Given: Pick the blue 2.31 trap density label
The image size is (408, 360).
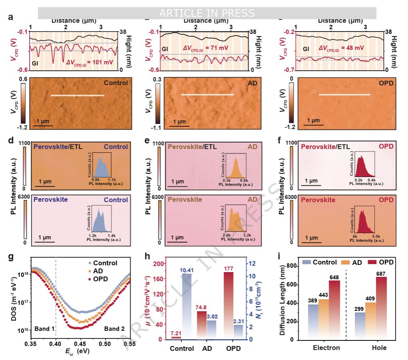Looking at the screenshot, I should (239, 321).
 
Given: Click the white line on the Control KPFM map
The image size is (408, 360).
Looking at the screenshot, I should (77, 95).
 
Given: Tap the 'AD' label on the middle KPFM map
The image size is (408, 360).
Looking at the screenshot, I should (252, 83).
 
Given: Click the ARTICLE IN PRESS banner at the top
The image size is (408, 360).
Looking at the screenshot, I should (207, 13).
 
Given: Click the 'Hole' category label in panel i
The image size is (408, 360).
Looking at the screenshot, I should (378, 348).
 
